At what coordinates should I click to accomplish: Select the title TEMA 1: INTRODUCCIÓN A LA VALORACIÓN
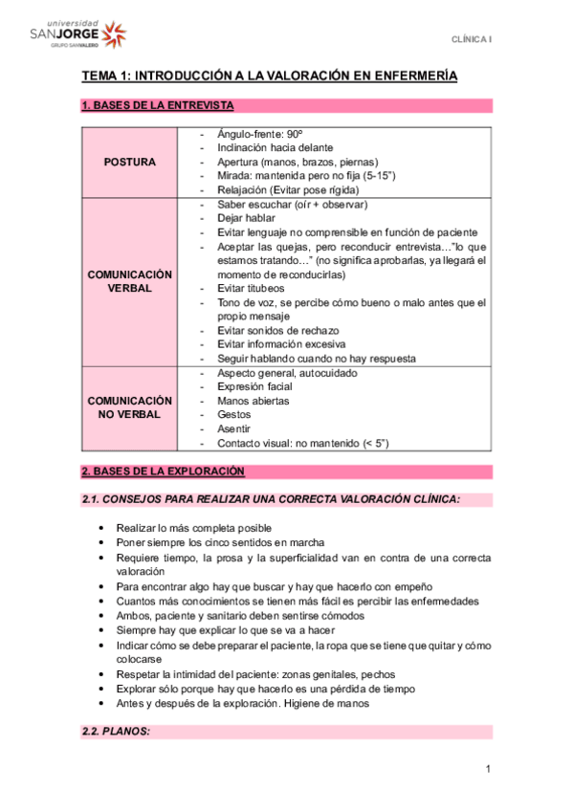(269, 76)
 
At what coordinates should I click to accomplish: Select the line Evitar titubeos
(253, 288)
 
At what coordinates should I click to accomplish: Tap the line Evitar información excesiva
(281, 344)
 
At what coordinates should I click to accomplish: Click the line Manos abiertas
(253, 401)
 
